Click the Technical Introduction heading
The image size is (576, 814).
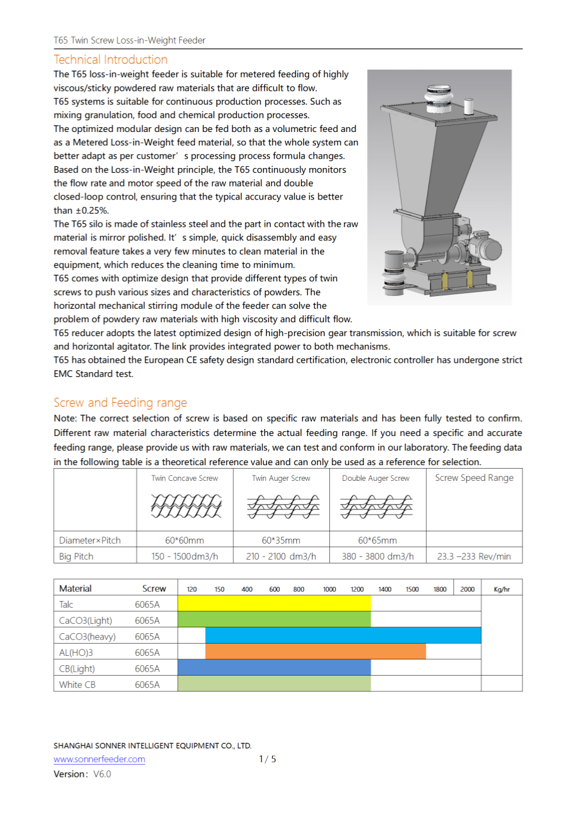(111, 60)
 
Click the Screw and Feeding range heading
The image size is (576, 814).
(120, 403)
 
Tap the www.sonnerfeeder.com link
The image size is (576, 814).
(99, 759)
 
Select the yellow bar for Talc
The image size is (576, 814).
(273, 604)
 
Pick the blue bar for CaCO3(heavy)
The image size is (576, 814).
(343, 636)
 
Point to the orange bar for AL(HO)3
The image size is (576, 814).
(315, 652)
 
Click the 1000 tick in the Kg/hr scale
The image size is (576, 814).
(329, 589)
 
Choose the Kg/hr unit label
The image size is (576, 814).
(502, 589)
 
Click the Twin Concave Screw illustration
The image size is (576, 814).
(186, 506)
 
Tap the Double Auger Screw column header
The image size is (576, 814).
(376, 479)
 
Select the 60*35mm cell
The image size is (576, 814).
(281, 540)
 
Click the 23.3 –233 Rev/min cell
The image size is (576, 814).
(474, 556)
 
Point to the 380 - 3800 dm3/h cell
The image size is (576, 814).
(378, 556)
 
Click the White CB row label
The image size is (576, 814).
(77, 684)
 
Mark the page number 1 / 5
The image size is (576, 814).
(268, 759)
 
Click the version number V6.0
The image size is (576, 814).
(102, 774)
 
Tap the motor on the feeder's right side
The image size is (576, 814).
(486, 248)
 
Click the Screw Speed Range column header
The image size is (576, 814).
(474, 478)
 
